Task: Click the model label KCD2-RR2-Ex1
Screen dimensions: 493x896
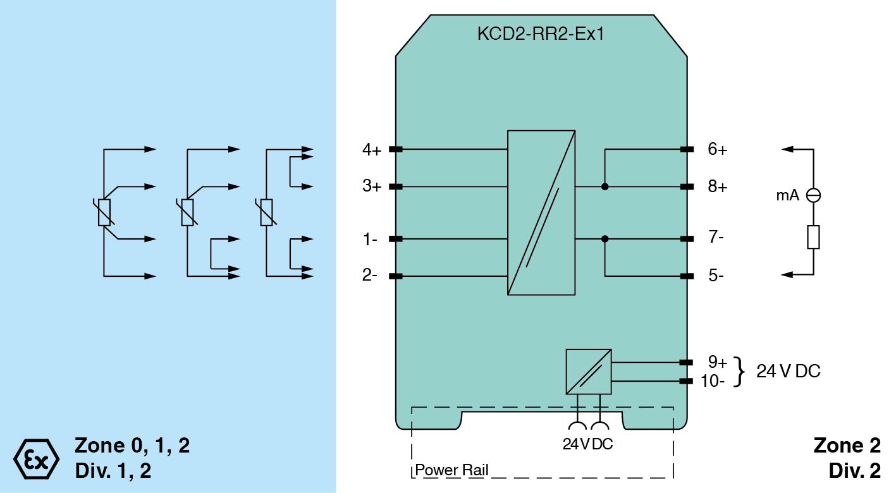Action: pos(541,33)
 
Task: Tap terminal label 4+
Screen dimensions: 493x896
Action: pos(371,150)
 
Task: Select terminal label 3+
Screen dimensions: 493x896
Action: pos(371,187)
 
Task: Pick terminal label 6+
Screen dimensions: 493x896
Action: pos(718,150)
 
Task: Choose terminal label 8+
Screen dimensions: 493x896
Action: pos(718,187)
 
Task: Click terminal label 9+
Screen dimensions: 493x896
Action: pos(718,362)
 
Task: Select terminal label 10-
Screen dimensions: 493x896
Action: pos(713,381)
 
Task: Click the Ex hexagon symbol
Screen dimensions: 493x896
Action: pos(36,457)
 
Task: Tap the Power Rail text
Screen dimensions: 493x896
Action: pos(451,470)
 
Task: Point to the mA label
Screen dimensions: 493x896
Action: pos(787,196)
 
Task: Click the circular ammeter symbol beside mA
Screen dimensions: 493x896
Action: pos(814,196)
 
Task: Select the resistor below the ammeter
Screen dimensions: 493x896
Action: pos(814,237)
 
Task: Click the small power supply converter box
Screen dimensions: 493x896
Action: pos(589,372)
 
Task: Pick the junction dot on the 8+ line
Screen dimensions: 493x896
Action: pos(605,187)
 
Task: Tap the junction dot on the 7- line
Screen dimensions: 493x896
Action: pos(605,239)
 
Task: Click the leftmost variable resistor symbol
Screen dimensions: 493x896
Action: pos(104,213)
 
